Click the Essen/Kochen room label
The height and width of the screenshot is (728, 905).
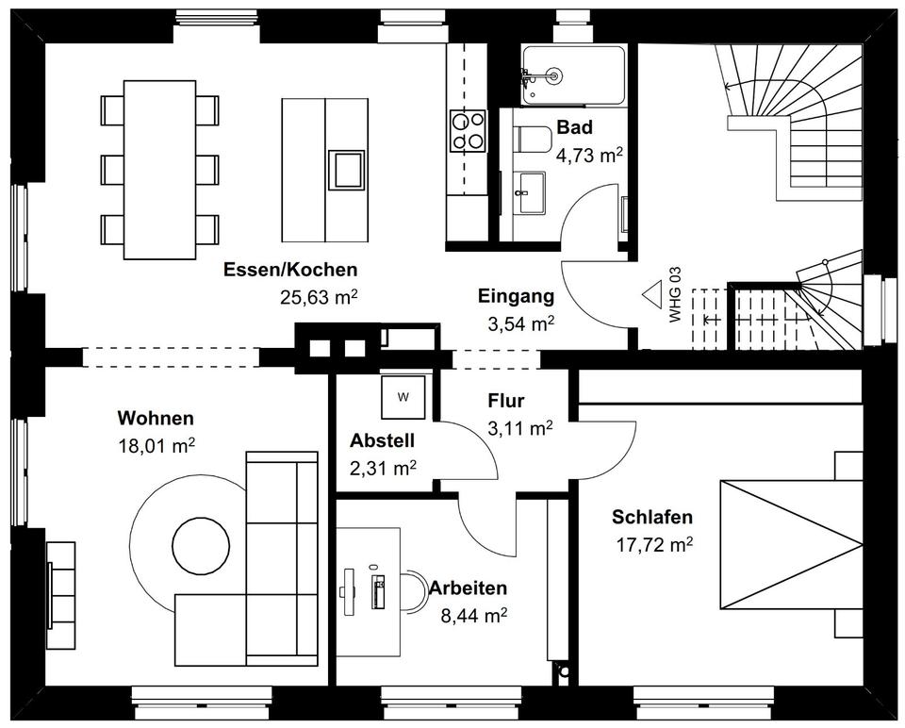290,270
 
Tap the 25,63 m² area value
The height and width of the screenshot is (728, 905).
318,297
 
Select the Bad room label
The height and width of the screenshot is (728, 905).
574,128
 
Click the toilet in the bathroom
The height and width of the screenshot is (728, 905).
534,139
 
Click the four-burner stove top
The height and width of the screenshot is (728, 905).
468,130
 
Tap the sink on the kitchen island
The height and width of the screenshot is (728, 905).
346,168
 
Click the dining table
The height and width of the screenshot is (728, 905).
160,168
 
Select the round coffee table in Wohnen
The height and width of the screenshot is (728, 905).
200,545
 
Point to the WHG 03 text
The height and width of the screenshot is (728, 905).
675,296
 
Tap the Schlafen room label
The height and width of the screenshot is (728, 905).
652,517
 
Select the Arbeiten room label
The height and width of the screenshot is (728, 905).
468,588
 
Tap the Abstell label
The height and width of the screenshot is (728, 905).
382,440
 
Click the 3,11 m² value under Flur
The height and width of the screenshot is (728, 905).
519,428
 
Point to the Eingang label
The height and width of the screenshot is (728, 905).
516,297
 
